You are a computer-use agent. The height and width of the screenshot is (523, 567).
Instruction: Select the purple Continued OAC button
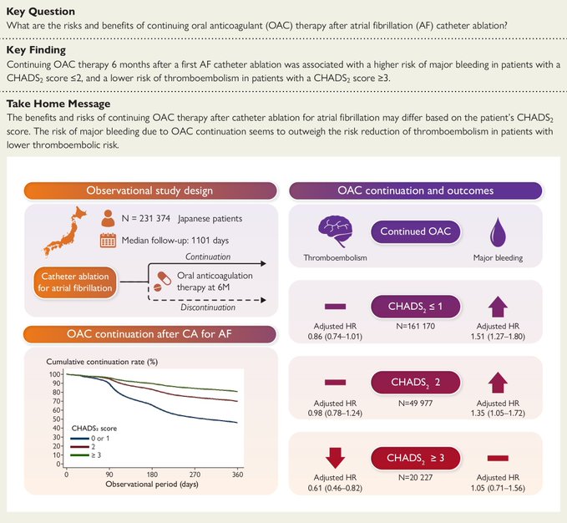(415, 231)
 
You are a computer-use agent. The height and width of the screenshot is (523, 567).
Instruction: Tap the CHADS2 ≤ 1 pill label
(414, 307)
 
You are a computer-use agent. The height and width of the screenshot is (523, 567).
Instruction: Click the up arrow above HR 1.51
(498, 303)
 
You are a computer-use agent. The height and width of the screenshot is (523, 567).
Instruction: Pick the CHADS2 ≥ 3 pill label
(415, 459)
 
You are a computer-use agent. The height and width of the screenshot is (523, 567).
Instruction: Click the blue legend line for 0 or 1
(79, 436)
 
